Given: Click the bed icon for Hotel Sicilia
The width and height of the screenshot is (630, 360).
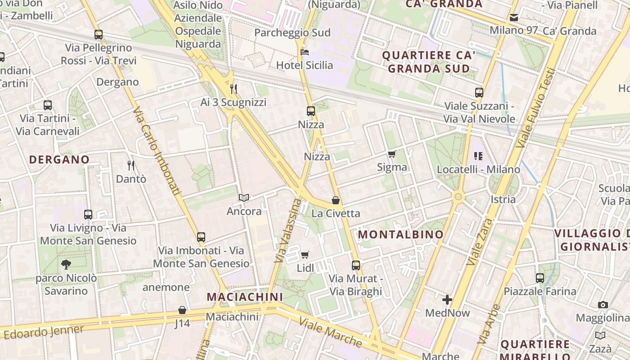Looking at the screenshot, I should [x=305, y=52].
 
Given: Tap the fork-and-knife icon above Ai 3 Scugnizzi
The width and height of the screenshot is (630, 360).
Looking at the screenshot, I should [x=234, y=89].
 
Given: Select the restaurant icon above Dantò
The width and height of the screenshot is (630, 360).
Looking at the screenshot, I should [x=131, y=166].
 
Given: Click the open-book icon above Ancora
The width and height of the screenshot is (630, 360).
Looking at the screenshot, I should [x=244, y=198].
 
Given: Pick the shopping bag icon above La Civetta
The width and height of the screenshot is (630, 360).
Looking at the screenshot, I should [x=336, y=200].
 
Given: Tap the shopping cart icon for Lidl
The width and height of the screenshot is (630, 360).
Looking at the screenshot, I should [x=305, y=255].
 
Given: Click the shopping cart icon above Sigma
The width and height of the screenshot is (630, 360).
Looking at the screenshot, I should [x=392, y=154].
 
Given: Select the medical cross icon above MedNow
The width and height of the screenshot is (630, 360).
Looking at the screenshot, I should [x=447, y=300].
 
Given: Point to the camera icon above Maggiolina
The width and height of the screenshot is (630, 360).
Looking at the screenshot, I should [x=603, y=305].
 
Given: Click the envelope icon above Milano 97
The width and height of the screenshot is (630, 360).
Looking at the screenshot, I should [x=514, y=18].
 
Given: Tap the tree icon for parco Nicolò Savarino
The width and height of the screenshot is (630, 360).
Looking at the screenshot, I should [x=66, y=265].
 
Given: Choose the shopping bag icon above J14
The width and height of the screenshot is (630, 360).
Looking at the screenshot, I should [x=182, y=310].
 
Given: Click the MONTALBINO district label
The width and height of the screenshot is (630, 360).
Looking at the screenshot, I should [x=400, y=234].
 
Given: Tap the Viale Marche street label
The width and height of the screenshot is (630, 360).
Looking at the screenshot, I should [x=330, y=332].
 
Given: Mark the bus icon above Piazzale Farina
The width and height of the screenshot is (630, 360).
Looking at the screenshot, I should [x=540, y=278].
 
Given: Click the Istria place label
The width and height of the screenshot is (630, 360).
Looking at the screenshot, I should [x=503, y=199].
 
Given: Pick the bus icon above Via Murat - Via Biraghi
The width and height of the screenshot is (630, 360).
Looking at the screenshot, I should [x=356, y=265].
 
